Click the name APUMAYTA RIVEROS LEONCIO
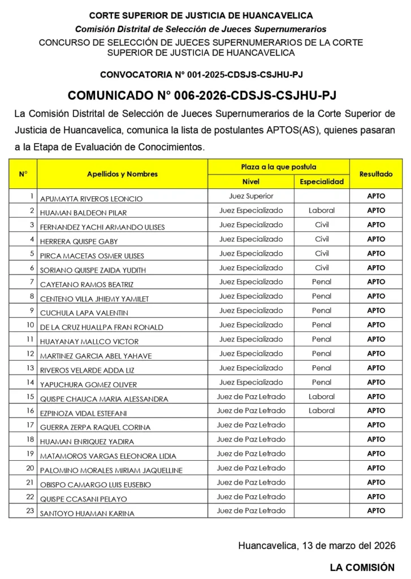(x=91, y=198)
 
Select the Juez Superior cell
(x=251, y=196)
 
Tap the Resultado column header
(x=376, y=174)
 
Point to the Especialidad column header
(x=321, y=182)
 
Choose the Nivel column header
(x=251, y=182)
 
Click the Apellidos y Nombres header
(x=122, y=174)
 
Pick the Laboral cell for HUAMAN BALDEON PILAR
(x=322, y=210)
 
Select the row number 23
(x=30, y=511)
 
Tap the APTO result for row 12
(x=376, y=353)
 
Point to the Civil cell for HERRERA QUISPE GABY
(x=322, y=239)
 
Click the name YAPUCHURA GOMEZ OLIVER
(x=88, y=384)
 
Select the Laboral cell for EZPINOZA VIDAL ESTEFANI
(x=322, y=411)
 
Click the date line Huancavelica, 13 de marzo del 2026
(x=317, y=546)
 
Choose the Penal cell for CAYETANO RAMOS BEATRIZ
(x=322, y=282)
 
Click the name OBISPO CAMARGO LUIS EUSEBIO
(x=96, y=485)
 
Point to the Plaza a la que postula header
(x=279, y=167)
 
